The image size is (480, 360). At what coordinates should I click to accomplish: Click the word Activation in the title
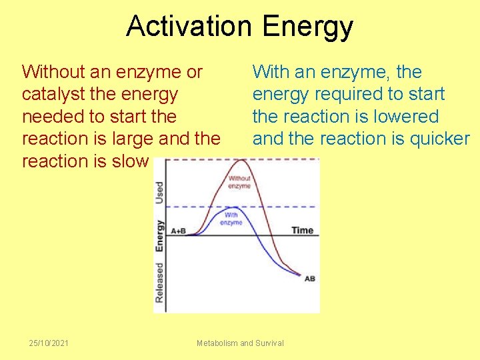click(x=190, y=27)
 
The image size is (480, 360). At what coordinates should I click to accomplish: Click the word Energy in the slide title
click(x=307, y=27)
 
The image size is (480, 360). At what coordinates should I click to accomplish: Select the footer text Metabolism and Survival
click(x=240, y=343)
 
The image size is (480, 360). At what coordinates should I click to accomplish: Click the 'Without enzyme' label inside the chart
click(x=239, y=182)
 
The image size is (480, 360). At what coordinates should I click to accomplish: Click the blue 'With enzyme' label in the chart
click(x=231, y=219)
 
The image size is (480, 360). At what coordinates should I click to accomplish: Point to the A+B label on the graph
click(x=178, y=231)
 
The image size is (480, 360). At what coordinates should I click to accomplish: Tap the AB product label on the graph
click(x=309, y=278)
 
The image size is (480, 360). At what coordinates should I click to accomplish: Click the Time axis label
click(x=302, y=230)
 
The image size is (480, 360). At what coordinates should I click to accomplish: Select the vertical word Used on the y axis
click(x=160, y=193)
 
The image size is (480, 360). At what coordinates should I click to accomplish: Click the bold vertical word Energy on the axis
click(x=160, y=235)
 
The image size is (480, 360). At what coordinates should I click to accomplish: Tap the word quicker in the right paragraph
click(x=437, y=139)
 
